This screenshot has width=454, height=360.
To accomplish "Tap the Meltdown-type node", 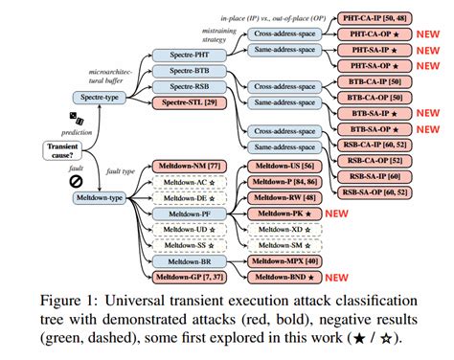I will (x=102, y=198).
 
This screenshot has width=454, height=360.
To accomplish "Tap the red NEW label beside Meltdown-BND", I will (x=335, y=278).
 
